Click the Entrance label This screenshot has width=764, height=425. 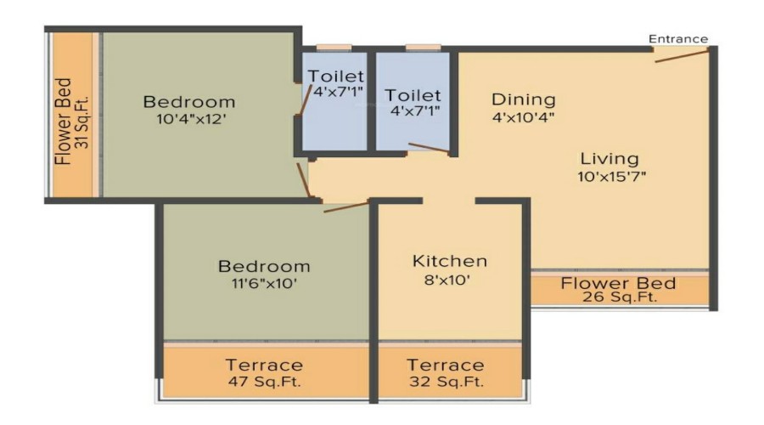click(677, 38)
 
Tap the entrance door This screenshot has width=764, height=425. click(681, 56)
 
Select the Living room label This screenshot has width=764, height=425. click(609, 158)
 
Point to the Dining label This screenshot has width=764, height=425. click(523, 99)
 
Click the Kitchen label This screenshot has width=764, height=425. click(450, 260)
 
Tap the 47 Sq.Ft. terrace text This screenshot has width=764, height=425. click(264, 382)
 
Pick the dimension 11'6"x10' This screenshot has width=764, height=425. click(264, 284)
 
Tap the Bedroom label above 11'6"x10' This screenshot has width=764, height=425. click(264, 266)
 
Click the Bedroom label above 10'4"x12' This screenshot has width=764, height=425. click(188, 102)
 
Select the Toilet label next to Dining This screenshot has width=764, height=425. click(413, 94)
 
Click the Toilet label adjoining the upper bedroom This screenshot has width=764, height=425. click(336, 76)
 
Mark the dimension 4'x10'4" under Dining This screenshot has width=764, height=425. click(523, 117)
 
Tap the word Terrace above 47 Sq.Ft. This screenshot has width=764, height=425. click(264, 365)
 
